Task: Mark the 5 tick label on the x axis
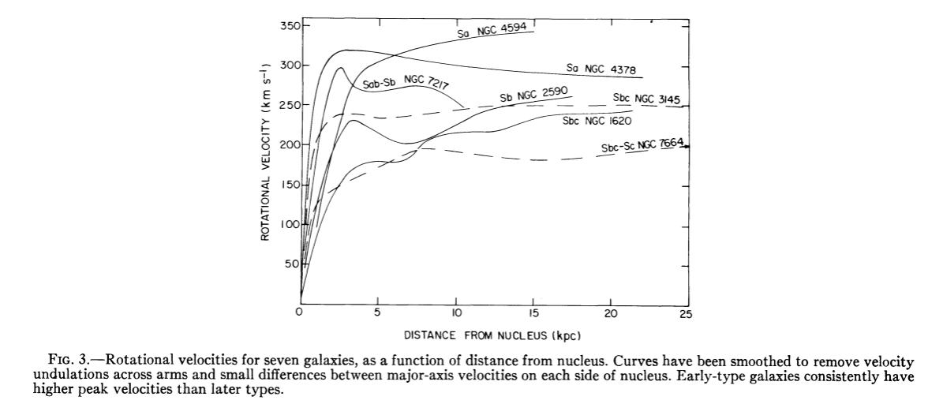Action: (377, 314)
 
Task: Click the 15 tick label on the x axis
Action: (532, 314)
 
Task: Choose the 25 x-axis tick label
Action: (685, 314)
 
